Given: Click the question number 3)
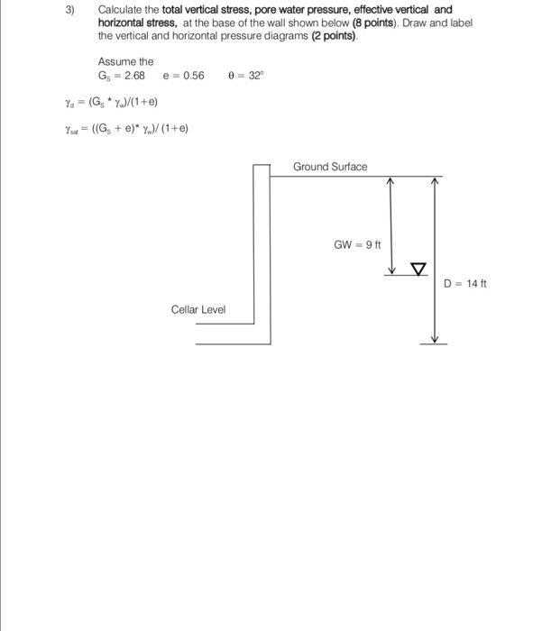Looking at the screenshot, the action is [x=70, y=10].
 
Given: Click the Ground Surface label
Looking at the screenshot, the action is [x=330, y=167].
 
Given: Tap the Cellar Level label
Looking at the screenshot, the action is [x=198, y=309].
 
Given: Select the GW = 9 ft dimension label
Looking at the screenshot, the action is [x=357, y=244].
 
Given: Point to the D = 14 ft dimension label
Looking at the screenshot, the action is [x=465, y=284].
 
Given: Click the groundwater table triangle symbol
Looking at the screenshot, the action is [x=418, y=269].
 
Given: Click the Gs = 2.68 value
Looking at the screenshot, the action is [x=121, y=76].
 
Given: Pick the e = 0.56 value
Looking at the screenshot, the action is [x=184, y=76].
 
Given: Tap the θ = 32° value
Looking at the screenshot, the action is [x=246, y=75].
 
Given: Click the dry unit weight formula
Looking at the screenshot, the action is [x=111, y=102].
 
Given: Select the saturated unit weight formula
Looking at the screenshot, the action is [x=126, y=129].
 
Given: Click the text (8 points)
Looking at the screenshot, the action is [x=374, y=23].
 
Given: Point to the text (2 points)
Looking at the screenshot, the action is [x=334, y=36].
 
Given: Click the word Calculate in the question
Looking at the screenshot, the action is [x=120, y=10].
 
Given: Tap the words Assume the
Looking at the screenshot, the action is [x=125, y=61].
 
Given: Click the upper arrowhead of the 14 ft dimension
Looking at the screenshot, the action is [x=434, y=180].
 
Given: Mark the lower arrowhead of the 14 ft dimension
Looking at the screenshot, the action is [x=434, y=340].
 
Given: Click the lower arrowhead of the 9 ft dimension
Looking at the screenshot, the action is [x=391, y=270].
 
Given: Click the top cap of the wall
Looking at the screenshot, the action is [x=262, y=165].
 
